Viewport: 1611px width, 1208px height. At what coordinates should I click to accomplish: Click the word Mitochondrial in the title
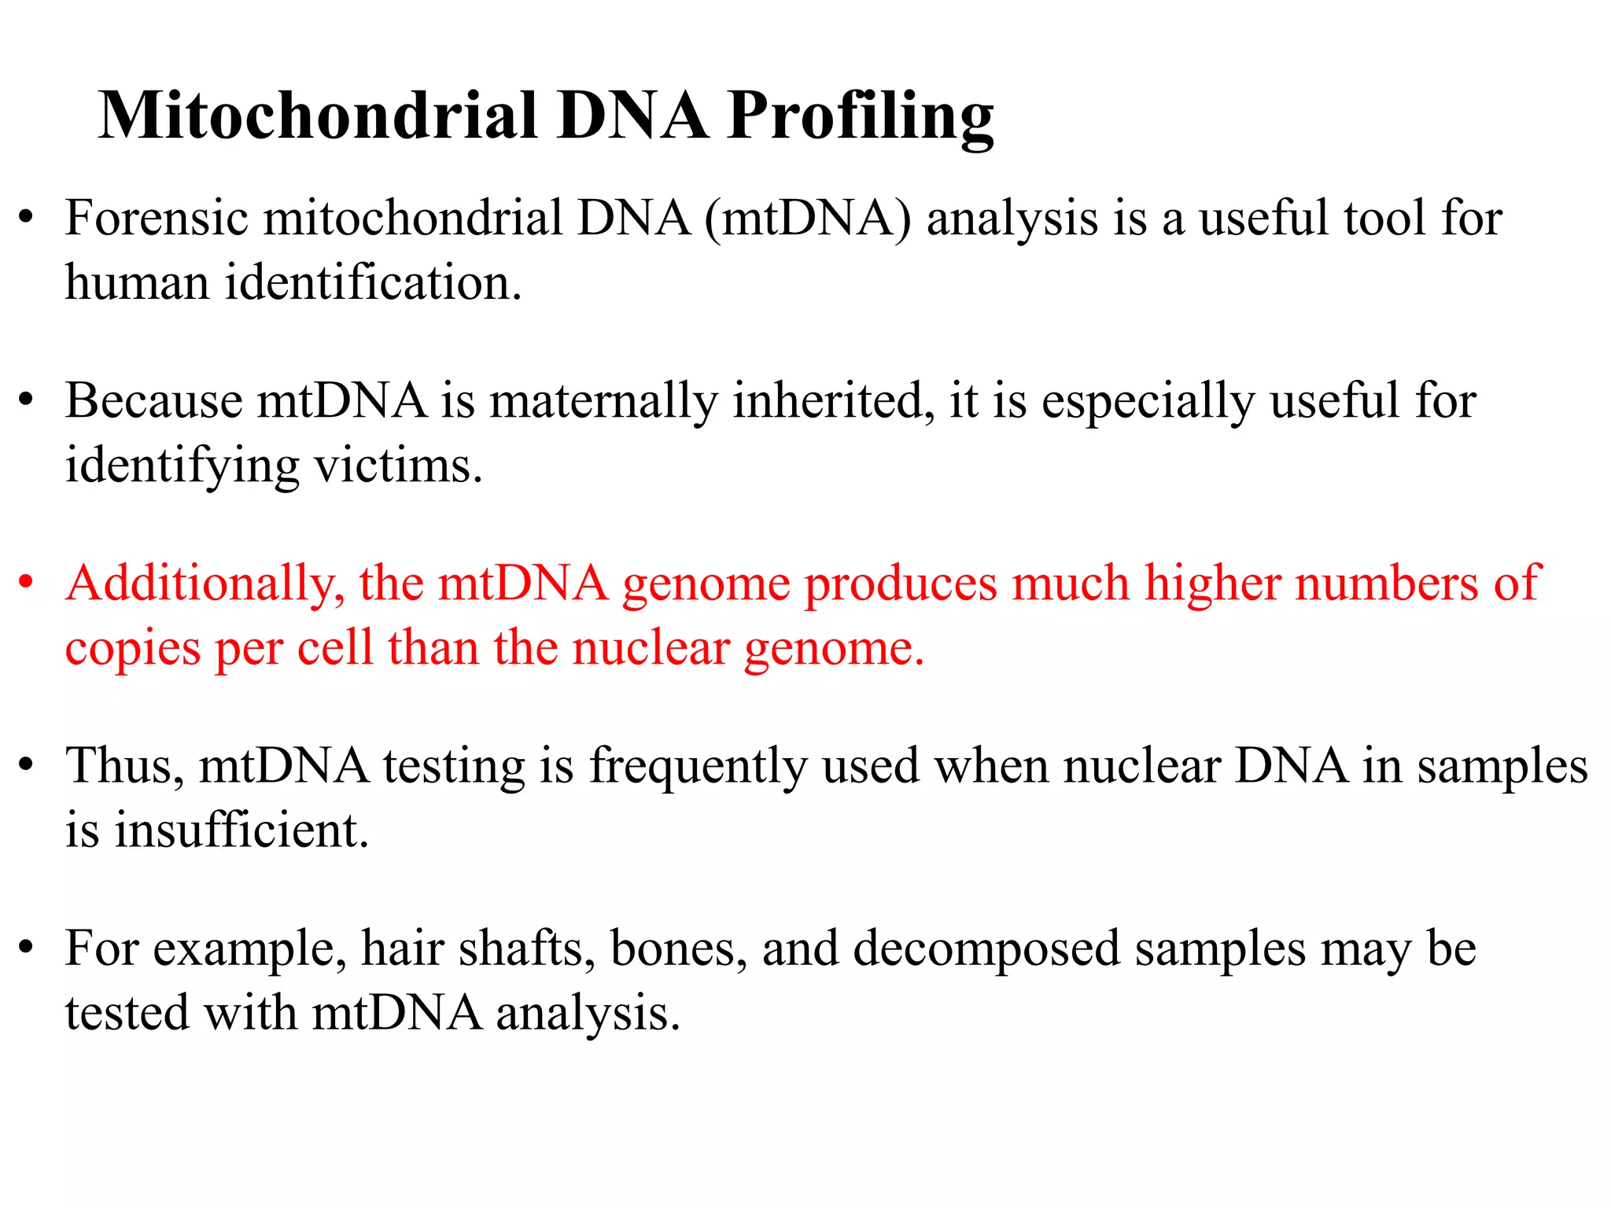tap(318, 116)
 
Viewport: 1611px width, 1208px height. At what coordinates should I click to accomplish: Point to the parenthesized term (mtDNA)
tap(808, 218)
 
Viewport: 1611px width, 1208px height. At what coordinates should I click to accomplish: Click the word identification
tap(373, 282)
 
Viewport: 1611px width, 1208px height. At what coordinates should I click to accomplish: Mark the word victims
tap(398, 466)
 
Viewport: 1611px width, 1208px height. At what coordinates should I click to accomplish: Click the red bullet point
tap(27, 583)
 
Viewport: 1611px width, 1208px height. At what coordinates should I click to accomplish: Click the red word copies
tap(132, 650)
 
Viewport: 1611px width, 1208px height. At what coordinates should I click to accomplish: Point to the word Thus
tap(124, 766)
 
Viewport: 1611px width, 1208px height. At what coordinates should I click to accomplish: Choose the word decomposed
tap(986, 950)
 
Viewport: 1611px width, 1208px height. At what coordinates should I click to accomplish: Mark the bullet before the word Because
tap(27, 400)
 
